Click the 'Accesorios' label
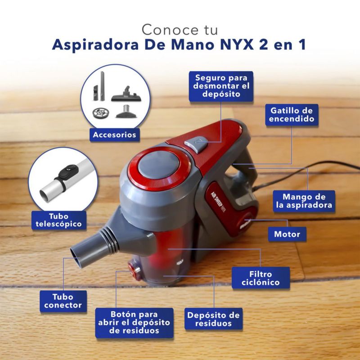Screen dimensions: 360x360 (115, 135)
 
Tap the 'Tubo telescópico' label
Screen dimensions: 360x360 (59, 220)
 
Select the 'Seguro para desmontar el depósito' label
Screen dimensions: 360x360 (221, 86)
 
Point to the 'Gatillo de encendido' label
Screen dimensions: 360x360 (292, 115)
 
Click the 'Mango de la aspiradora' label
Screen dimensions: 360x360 (304, 201)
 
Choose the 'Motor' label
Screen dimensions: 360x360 (287, 234)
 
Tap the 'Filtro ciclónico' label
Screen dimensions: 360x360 (261, 278)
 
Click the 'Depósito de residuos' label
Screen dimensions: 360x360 (213, 319)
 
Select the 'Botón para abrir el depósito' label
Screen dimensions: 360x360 (134, 323)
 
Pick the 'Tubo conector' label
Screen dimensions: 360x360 (63, 301)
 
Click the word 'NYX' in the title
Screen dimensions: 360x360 (237, 45)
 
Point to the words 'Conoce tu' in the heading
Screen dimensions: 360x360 (180, 30)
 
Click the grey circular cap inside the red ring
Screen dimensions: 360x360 (158, 164)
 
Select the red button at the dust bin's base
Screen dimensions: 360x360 (134, 272)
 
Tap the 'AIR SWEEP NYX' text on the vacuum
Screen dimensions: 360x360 (218, 202)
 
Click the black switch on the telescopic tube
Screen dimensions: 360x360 (68, 172)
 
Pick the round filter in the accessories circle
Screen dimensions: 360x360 (101, 112)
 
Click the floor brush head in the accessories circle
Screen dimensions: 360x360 (126, 94)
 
